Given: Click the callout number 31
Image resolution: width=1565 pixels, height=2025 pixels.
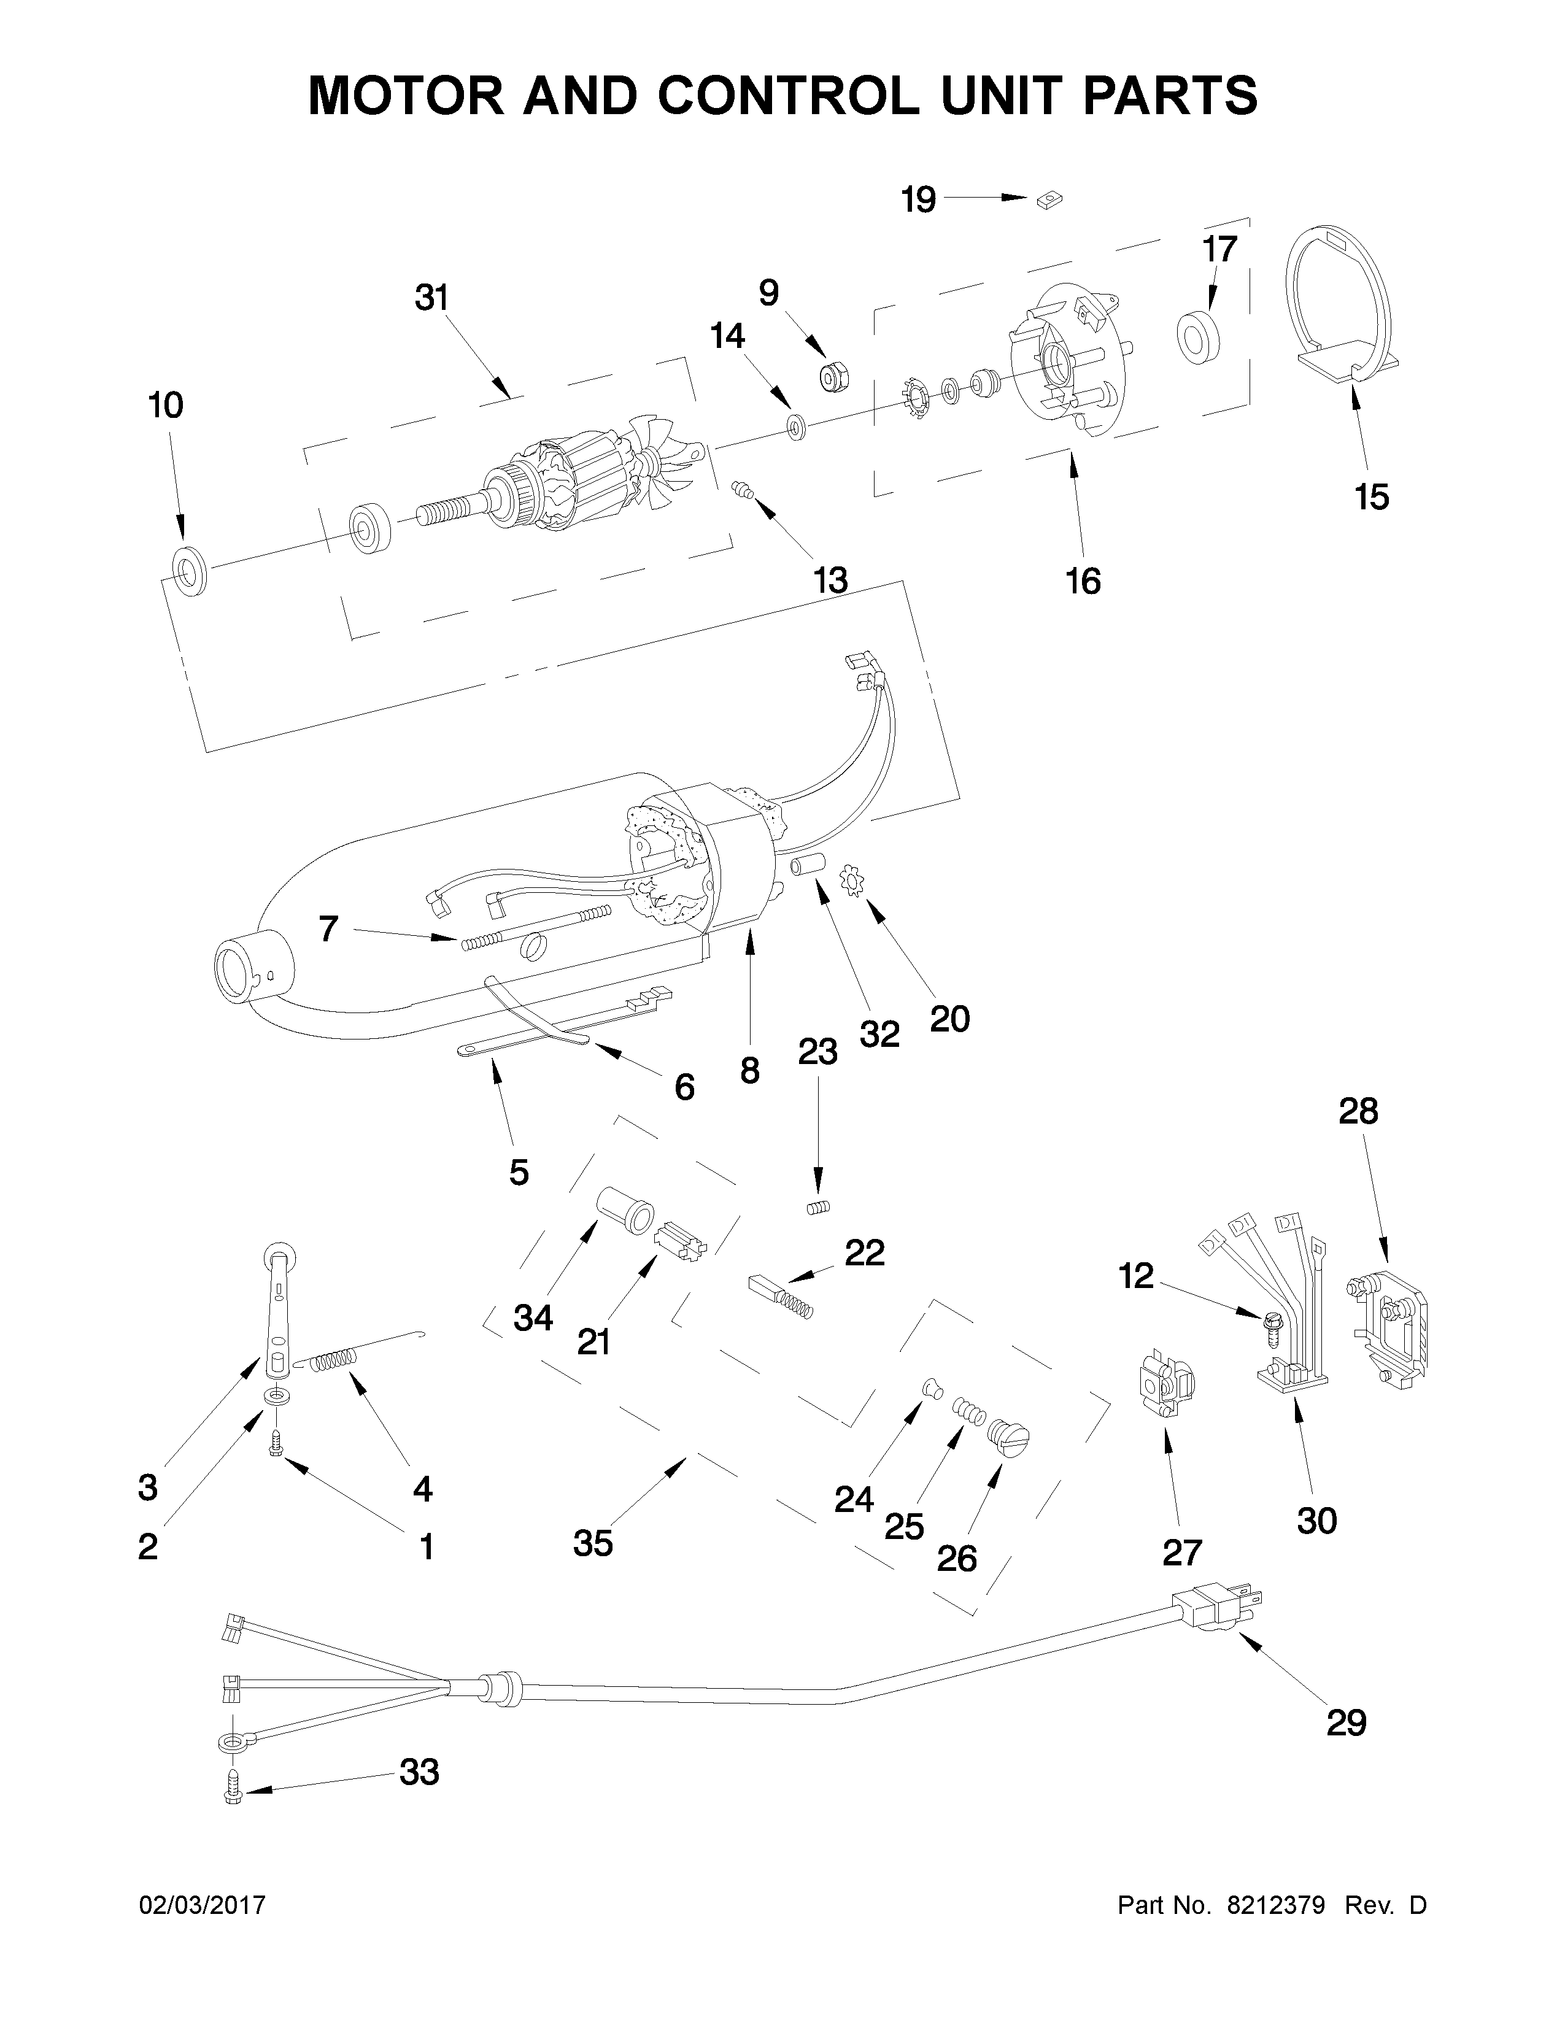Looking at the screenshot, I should tap(431, 299).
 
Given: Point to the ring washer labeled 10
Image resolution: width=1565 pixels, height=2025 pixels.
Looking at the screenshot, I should tap(189, 571).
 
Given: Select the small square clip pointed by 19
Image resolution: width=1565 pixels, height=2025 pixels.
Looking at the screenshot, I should tap(1049, 199).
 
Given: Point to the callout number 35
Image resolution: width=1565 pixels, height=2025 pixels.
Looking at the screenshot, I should tap(592, 1543).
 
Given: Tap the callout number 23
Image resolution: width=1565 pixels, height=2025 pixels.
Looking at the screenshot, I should tap(817, 1052).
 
